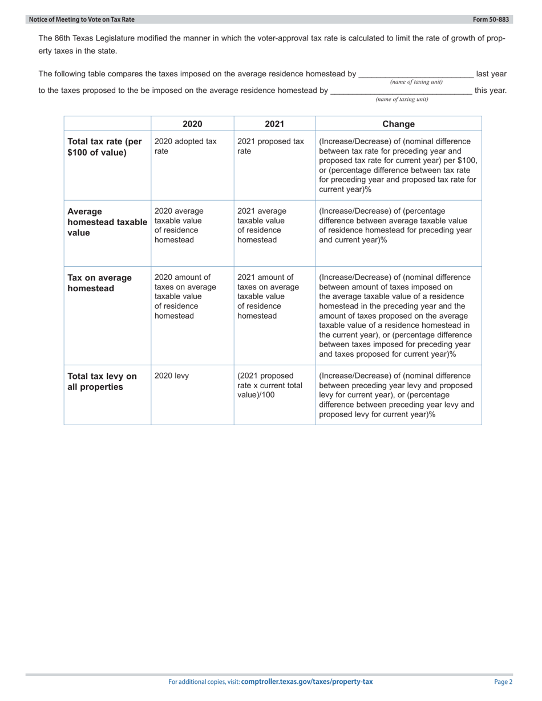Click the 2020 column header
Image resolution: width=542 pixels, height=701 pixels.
[x=192, y=124]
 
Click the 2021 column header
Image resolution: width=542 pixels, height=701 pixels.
[x=274, y=124]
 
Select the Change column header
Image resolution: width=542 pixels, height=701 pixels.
[x=398, y=124]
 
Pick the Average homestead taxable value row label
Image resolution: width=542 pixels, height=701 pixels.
[x=107, y=222]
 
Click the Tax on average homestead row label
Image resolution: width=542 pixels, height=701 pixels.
[x=100, y=283]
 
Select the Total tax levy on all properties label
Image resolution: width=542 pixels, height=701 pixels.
[x=102, y=381]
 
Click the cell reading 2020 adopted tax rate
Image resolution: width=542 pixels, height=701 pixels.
[x=185, y=146]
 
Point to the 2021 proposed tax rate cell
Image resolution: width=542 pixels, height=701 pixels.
[x=270, y=146]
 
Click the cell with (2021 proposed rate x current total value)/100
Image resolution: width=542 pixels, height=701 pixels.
[x=269, y=385]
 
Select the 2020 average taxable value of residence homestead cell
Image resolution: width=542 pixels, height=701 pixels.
[x=179, y=225]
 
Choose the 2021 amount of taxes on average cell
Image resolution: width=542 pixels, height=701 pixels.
[x=268, y=296]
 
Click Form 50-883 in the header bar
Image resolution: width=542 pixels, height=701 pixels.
[x=491, y=19]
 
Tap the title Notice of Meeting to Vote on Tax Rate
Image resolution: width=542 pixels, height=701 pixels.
[x=82, y=19]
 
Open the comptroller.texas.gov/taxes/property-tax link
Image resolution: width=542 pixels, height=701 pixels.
[x=307, y=682]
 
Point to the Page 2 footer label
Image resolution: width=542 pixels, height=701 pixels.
[x=503, y=682]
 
